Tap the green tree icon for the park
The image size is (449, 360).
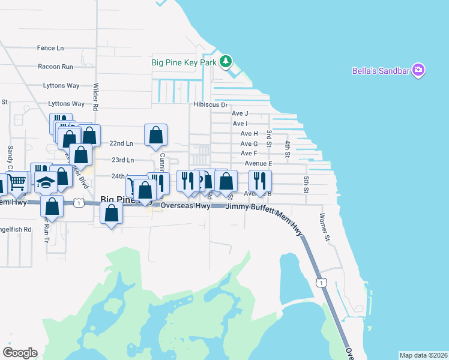point(226,61)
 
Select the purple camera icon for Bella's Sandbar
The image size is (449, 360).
point(418,71)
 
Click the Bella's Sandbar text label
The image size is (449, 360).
point(381,71)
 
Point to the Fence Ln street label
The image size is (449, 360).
point(50,48)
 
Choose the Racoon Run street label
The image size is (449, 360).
point(55,67)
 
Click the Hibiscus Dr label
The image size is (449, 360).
point(211,104)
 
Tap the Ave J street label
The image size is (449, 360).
point(240,113)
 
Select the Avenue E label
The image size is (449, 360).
point(258,163)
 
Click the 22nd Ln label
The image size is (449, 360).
point(122,143)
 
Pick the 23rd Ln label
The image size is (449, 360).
point(122,160)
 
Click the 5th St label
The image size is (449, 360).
point(306,184)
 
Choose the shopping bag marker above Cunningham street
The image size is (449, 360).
point(155,134)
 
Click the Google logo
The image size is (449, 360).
point(20,353)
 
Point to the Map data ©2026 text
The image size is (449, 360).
point(423,355)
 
